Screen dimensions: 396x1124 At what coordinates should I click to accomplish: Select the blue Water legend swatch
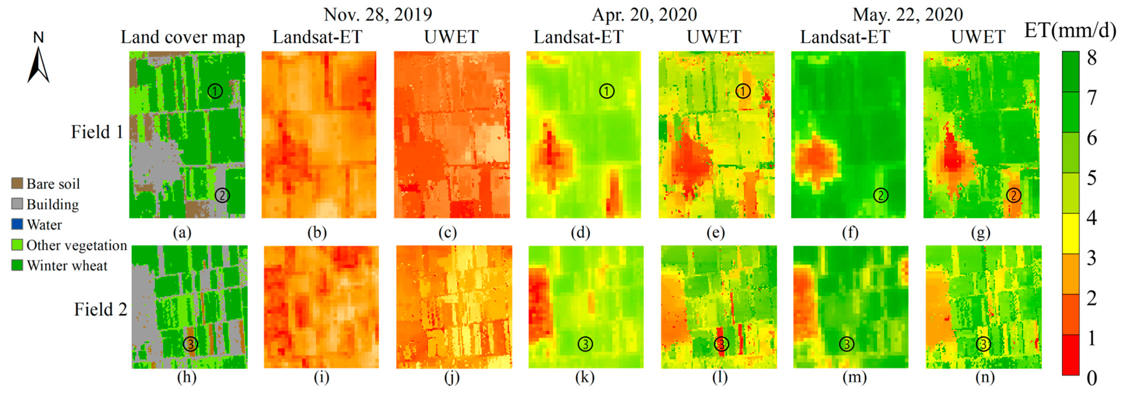pos(17,224)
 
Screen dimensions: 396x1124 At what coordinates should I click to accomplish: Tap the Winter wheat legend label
pos(67,265)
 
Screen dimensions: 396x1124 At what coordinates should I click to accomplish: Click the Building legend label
pos(52,204)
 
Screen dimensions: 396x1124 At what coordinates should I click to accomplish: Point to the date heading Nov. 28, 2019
pos(377,15)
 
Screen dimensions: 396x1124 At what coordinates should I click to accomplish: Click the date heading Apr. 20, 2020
pos(644,15)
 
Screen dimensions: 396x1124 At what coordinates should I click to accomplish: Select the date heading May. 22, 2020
pos(908,15)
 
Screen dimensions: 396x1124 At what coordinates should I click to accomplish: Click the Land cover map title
pos(182,37)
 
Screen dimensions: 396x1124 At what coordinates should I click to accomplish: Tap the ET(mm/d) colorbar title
pos(1070,31)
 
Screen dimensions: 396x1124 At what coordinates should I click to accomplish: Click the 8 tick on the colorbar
pos(1092,58)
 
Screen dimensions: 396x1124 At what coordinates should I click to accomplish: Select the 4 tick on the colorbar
pos(1092,217)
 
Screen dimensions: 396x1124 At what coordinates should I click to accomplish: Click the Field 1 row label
pos(97,132)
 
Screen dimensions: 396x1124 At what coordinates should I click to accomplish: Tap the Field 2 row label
pos(100,309)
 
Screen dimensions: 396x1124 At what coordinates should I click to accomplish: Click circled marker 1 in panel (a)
pos(215,91)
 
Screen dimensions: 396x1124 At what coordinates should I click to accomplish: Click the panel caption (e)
pos(716,233)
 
